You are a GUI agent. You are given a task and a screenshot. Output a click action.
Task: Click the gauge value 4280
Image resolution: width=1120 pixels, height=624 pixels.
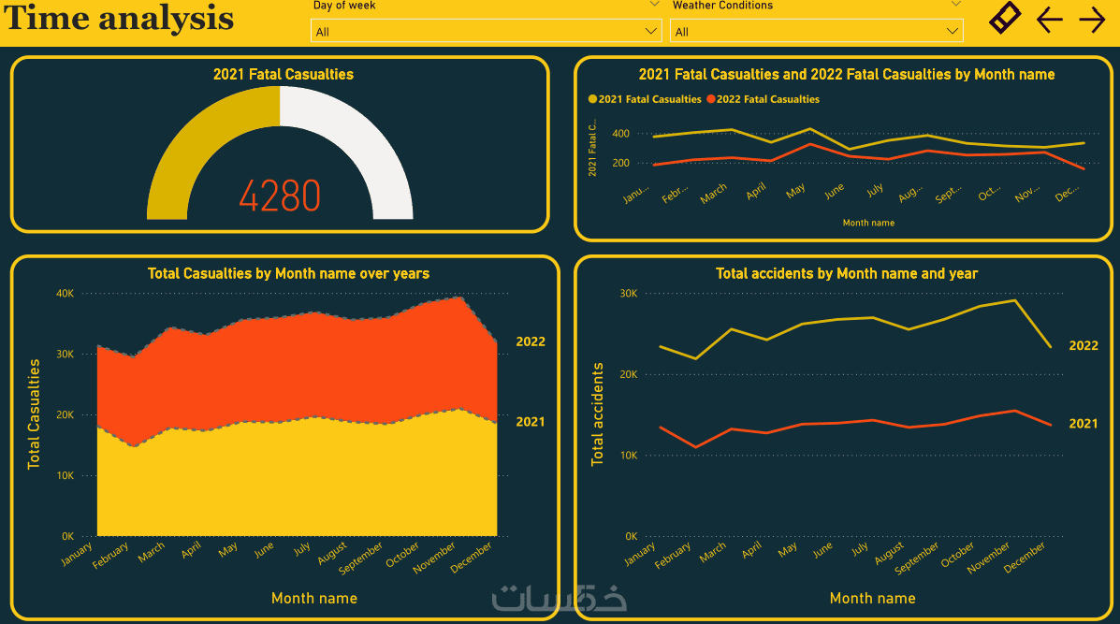pos(279,196)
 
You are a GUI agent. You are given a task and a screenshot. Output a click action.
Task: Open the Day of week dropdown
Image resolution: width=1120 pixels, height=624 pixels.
pos(486,32)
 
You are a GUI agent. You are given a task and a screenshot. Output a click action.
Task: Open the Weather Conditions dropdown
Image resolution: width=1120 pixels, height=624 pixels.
pos(816,32)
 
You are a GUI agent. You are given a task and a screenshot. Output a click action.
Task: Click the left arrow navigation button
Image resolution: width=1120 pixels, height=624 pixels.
pos(1050,20)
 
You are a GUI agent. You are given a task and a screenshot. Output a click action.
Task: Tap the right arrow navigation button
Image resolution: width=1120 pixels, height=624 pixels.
pos(1092,20)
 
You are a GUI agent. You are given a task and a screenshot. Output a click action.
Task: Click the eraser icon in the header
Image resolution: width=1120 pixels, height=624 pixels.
pos(1006,19)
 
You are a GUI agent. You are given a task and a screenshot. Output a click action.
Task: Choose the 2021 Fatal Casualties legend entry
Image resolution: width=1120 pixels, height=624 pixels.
pos(645,99)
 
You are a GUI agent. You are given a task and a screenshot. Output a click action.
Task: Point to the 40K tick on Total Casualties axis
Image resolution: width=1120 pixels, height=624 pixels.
pos(65,293)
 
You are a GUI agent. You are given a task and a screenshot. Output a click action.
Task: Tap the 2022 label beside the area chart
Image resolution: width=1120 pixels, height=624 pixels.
pos(531,341)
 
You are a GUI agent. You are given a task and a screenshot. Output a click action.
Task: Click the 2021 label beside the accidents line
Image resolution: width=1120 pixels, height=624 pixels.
pos(1084,424)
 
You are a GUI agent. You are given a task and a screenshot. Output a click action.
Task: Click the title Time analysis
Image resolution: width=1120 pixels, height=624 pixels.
pos(119,19)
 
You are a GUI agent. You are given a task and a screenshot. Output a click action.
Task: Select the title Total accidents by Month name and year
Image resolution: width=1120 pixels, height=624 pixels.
pos(847,274)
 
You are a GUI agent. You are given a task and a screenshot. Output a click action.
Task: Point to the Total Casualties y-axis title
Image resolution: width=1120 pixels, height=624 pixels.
pos(35,414)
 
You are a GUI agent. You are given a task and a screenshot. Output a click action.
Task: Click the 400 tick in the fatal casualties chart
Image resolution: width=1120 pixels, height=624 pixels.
pos(620,134)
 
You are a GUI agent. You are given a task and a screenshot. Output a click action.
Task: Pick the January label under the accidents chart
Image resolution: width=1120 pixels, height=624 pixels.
pos(641,556)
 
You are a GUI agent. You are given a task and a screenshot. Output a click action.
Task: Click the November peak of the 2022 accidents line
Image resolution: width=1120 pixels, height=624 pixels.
pos(1015,300)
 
